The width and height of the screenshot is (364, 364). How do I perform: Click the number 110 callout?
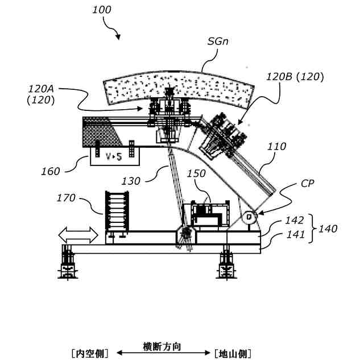pyautogui.click(x=277, y=146)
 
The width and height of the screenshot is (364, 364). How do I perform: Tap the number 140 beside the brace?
pyautogui.click(x=328, y=229)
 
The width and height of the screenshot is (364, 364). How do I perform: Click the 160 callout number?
pyautogui.click(x=51, y=170)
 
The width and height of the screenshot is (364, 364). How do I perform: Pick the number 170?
pyautogui.click(x=67, y=198)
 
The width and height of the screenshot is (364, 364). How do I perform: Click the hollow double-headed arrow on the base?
pyautogui.click(x=78, y=234)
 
